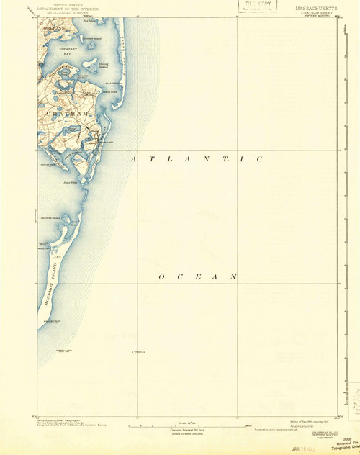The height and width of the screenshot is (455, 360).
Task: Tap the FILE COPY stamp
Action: (x=251, y=5)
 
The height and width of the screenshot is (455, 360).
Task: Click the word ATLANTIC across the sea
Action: (x=195, y=158)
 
